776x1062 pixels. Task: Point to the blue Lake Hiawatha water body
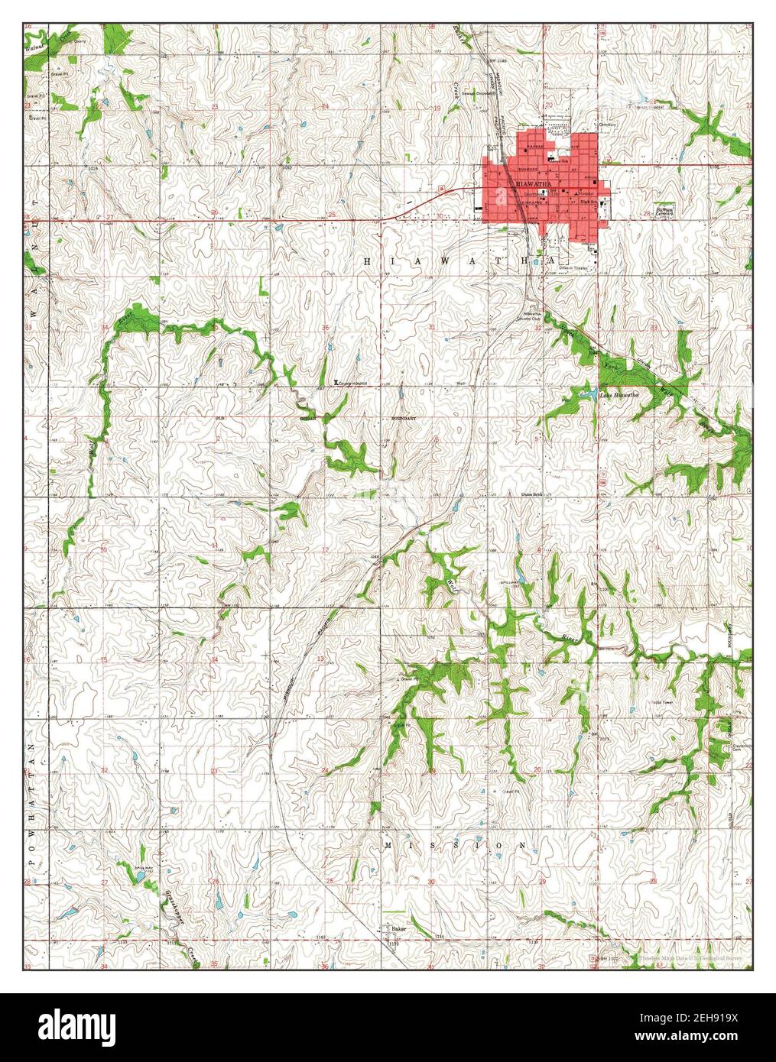pyautogui.click(x=589, y=394)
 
